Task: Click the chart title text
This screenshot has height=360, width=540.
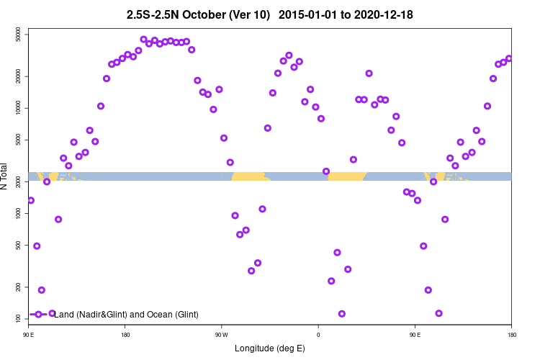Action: (269, 14)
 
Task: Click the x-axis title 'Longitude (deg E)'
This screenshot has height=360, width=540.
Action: (270, 348)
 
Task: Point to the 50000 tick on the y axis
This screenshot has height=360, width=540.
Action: (19, 35)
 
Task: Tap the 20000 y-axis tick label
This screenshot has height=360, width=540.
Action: (19, 76)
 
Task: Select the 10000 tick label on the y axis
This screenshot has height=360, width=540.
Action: (19, 108)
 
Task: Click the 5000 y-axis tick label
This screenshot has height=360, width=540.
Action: (19, 140)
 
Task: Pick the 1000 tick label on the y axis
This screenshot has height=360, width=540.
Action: (19, 213)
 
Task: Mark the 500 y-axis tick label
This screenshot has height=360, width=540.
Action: (19, 245)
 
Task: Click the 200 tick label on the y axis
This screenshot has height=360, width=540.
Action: (19, 287)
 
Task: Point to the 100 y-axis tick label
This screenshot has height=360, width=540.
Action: (19, 318)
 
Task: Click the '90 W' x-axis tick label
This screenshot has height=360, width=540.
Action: (221, 335)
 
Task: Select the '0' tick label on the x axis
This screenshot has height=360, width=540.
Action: (318, 335)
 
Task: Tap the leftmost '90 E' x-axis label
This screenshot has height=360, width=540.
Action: (29, 335)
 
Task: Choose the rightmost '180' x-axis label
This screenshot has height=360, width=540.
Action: (511, 335)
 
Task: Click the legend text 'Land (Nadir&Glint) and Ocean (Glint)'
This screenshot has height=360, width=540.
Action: (127, 315)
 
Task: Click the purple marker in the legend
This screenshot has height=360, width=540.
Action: (38, 315)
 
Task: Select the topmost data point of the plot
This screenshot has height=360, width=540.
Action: (143, 40)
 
